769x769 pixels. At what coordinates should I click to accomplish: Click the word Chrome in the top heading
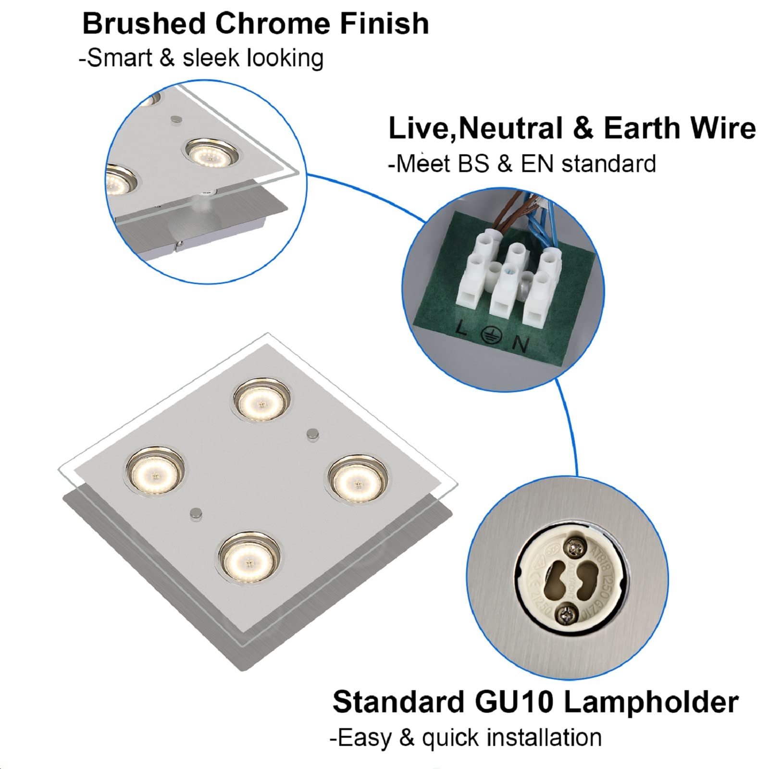click(273, 24)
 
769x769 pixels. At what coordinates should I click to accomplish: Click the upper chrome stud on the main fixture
click(312, 433)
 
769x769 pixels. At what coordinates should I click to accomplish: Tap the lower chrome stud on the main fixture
click(196, 513)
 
